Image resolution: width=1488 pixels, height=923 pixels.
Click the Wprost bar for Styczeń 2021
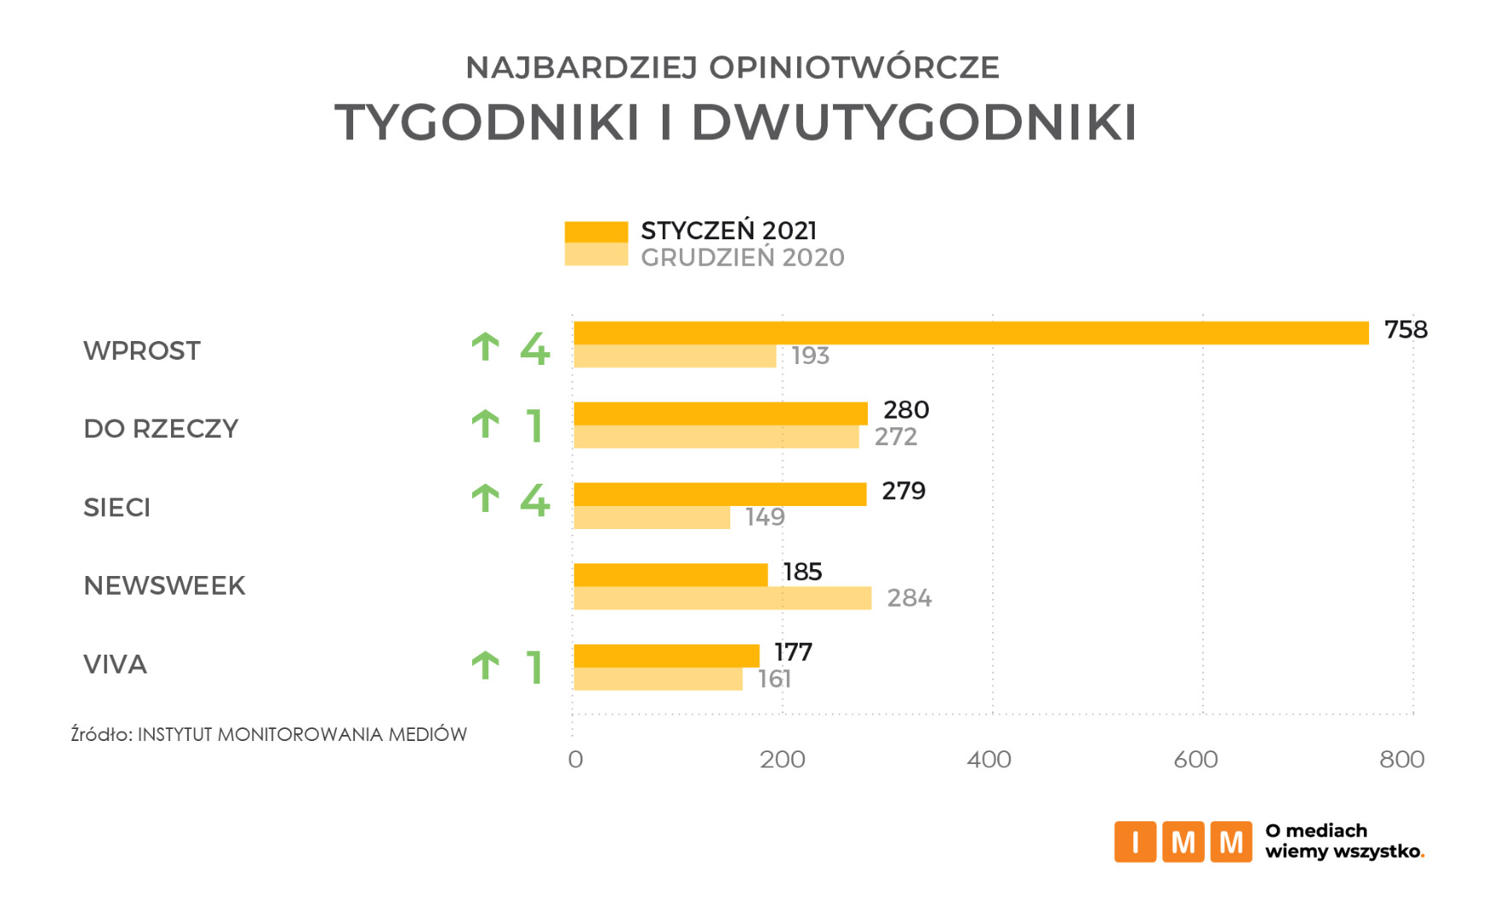pos(971,333)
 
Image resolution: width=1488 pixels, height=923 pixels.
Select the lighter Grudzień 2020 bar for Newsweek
pos(723,598)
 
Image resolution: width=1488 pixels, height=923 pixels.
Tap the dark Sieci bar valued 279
pos(720,494)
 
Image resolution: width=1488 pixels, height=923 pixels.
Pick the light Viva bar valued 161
pos(658,679)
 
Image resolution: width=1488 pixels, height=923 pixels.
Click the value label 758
pos(1405,330)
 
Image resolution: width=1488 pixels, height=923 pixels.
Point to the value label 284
pos(909,598)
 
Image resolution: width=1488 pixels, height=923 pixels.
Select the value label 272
pos(895,437)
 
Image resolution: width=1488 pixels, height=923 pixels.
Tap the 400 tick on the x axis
pos(989,760)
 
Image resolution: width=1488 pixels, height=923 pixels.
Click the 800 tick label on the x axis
pos(1402,760)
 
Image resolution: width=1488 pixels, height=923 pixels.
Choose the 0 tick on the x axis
pos(576,760)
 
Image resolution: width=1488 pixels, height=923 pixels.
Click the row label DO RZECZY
pos(161,429)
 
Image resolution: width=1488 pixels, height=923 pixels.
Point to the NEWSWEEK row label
pos(164,586)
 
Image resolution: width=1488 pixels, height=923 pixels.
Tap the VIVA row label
pos(115,665)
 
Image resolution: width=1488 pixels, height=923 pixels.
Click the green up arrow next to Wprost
pos(486,347)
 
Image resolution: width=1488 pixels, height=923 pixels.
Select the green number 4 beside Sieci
pos(535,500)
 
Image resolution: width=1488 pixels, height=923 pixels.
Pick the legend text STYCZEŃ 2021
pos(729,231)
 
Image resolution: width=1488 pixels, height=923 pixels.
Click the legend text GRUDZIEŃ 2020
pos(742,258)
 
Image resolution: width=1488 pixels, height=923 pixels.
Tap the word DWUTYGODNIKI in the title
pos(913,122)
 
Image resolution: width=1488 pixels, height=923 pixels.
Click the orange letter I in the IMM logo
pos(1135,843)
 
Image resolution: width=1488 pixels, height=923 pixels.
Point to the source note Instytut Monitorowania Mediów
pos(302,735)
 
